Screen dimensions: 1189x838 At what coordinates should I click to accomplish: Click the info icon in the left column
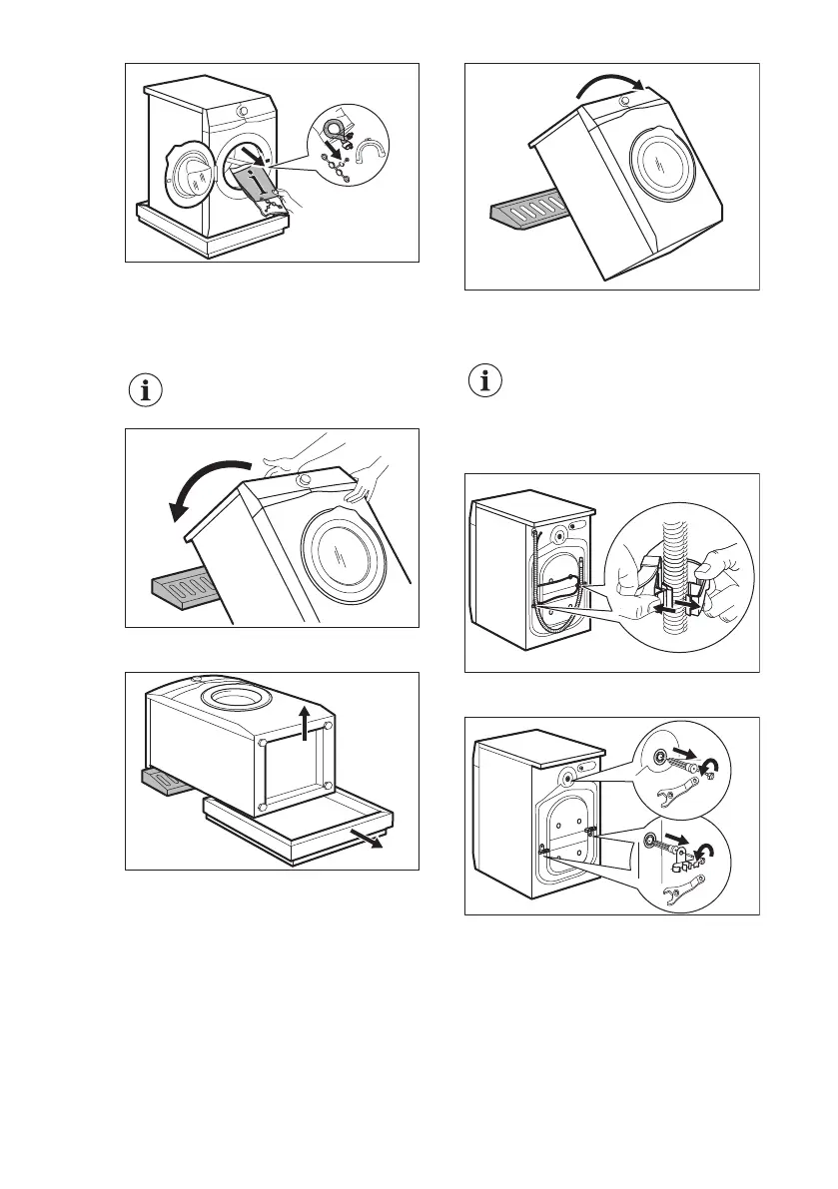click(x=146, y=391)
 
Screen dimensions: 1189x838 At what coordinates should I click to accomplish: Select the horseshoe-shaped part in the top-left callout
click(x=376, y=150)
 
